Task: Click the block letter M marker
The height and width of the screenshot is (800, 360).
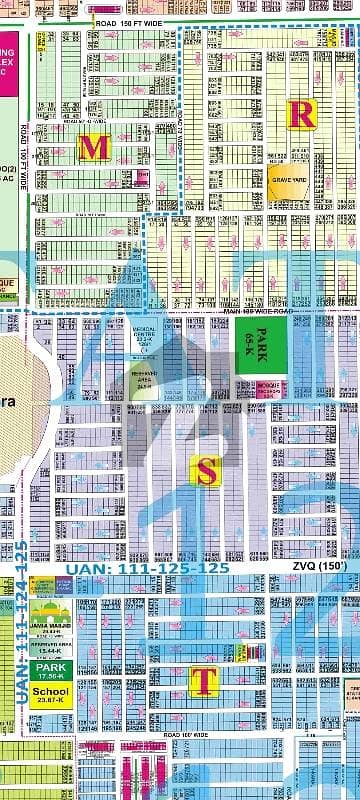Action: tap(94, 148)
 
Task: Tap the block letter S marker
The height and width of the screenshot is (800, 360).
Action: tap(205, 475)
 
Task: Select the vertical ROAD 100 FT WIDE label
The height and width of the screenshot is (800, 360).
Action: tap(21, 160)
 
